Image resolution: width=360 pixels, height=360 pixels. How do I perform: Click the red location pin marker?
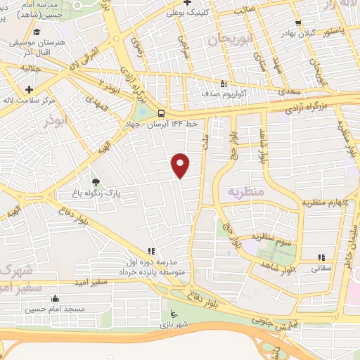click(181, 165)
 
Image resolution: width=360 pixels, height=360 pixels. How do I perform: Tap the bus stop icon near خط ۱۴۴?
click(162, 113)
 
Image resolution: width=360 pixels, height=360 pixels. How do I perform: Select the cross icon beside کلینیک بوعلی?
click(159, 13)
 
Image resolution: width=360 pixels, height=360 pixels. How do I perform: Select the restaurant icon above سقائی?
click(321, 258)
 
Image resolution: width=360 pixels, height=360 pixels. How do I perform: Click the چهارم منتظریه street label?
click(325, 202)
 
